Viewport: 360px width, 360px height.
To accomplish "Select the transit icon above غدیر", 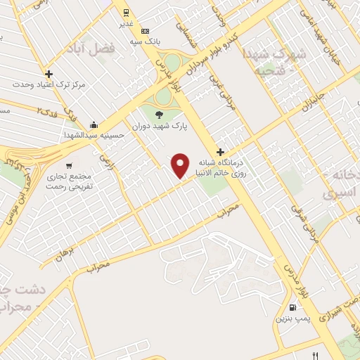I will coord(125,13).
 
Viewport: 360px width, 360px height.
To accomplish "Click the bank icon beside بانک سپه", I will coord(145,31).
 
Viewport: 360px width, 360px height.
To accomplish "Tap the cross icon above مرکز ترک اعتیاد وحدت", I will coord(49,74).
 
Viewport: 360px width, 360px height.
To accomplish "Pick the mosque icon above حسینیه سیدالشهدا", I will coord(94,124).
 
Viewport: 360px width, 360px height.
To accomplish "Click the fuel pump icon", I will coord(292,307).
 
